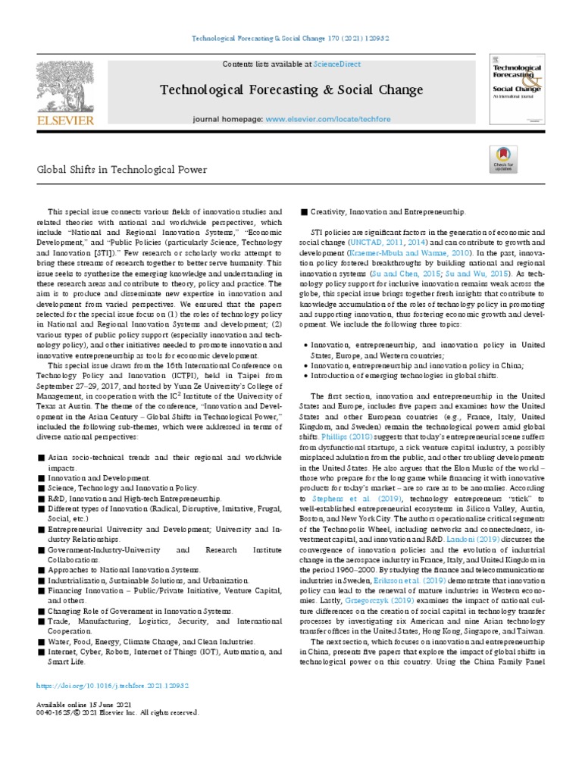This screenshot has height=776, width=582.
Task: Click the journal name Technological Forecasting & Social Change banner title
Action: pyautogui.click(x=291, y=91)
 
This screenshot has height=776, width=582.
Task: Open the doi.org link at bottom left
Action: pyautogui.click(x=112, y=685)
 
